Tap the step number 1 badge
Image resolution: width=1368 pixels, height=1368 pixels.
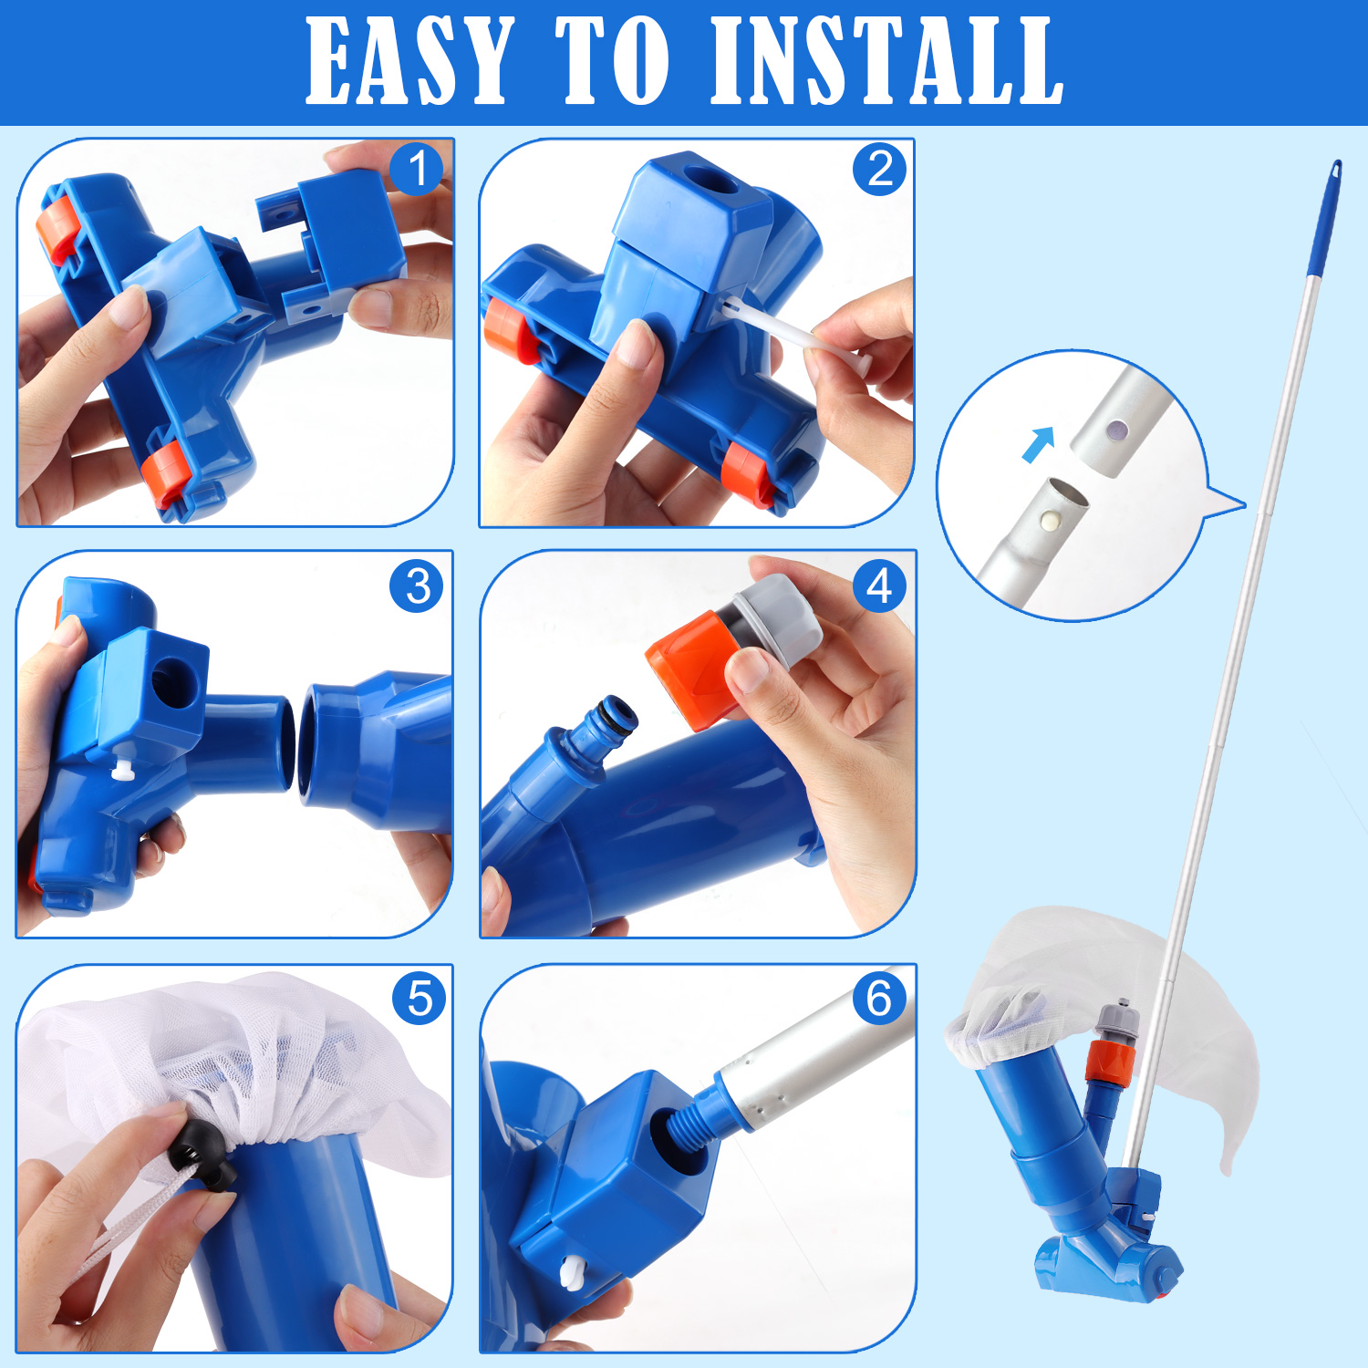click(417, 169)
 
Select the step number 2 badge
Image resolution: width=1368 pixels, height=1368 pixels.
click(879, 169)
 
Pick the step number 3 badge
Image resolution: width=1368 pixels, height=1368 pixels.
click(417, 586)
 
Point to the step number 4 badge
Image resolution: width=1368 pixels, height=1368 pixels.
click(879, 586)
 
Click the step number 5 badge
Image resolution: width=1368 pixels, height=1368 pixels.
click(419, 998)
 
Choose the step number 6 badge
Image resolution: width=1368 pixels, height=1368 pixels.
click(879, 998)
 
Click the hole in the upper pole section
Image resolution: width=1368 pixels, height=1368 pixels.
click(1114, 427)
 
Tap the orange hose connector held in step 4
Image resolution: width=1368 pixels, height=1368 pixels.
click(686, 669)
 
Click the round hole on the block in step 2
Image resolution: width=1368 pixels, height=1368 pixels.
click(710, 181)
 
